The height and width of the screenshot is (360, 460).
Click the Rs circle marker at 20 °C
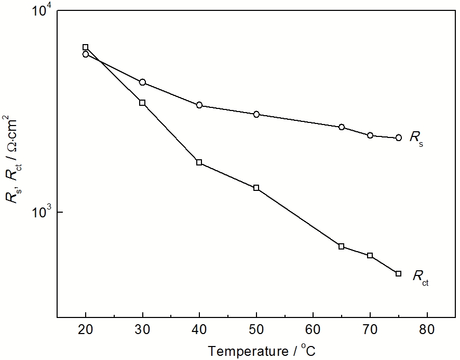click(86, 54)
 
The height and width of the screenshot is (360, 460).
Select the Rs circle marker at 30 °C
click(142, 82)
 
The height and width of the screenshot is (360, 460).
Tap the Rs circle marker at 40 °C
click(199, 105)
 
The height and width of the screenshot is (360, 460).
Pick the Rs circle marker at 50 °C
click(256, 114)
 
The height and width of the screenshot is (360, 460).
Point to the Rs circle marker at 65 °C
click(342, 127)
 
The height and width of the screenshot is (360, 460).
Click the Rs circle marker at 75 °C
click(398, 137)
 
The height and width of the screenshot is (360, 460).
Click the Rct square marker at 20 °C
click(86, 47)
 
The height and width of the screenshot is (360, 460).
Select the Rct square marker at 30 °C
click(142, 103)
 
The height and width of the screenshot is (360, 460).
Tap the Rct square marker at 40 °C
click(199, 162)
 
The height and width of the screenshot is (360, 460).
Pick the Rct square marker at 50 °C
click(256, 188)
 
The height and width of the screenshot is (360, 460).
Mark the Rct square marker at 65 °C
click(342, 246)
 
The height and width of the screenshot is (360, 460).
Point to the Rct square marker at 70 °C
click(370, 256)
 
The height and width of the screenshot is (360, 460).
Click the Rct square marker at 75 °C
click(398, 273)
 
